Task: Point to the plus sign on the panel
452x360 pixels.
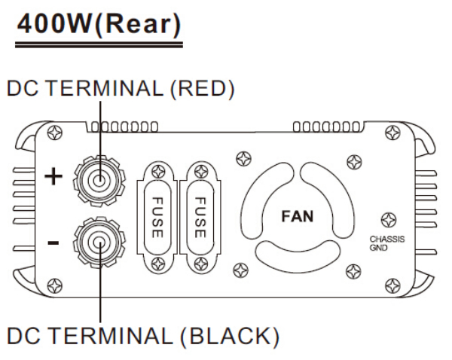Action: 53,178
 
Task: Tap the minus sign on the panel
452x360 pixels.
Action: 53,243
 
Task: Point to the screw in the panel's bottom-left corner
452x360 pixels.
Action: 54,285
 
